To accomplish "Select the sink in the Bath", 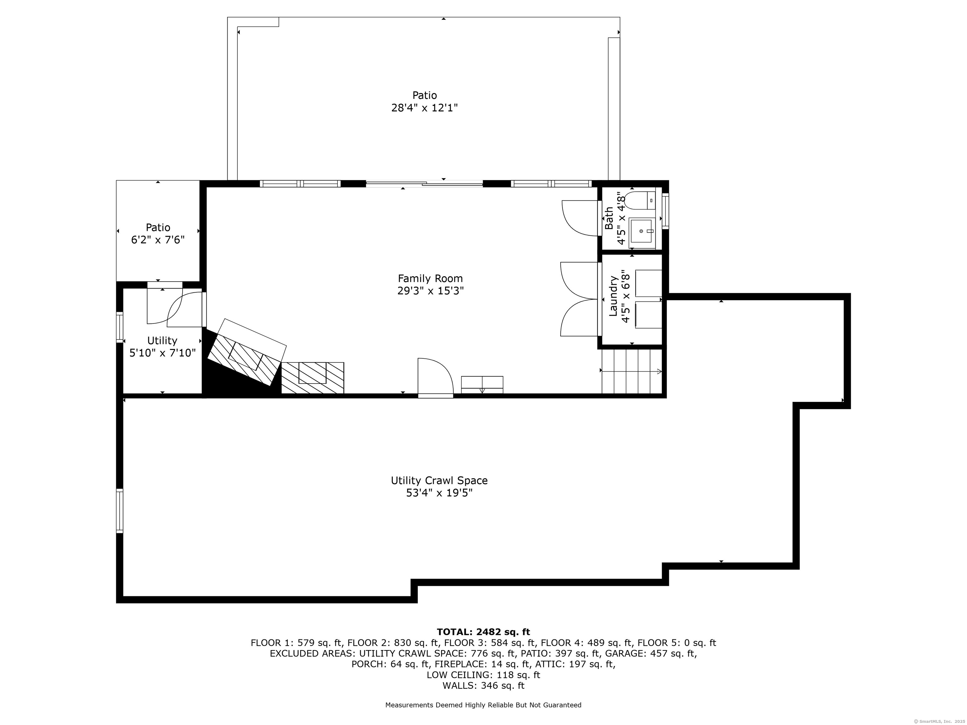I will pos(642,232).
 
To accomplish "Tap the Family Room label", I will pos(430,279).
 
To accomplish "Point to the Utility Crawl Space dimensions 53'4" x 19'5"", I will pos(439,493).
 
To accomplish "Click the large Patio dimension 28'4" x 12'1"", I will pos(424,108).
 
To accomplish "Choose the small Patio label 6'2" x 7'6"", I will pos(158,240).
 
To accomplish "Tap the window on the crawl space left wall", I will pos(119,511).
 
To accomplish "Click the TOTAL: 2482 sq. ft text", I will pos(483,632).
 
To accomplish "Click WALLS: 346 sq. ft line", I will pos(483,686).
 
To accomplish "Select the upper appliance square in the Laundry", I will pos(648,283).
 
